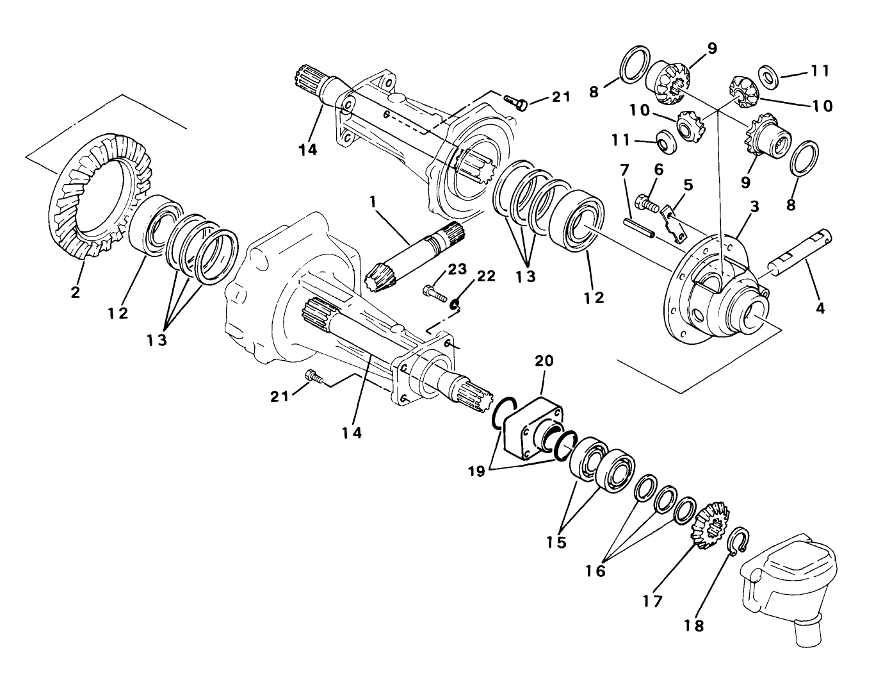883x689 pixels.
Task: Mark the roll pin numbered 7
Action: (x=638, y=228)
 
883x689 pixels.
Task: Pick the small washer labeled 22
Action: (x=455, y=304)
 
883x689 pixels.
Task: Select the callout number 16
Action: (x=595, y=570)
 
